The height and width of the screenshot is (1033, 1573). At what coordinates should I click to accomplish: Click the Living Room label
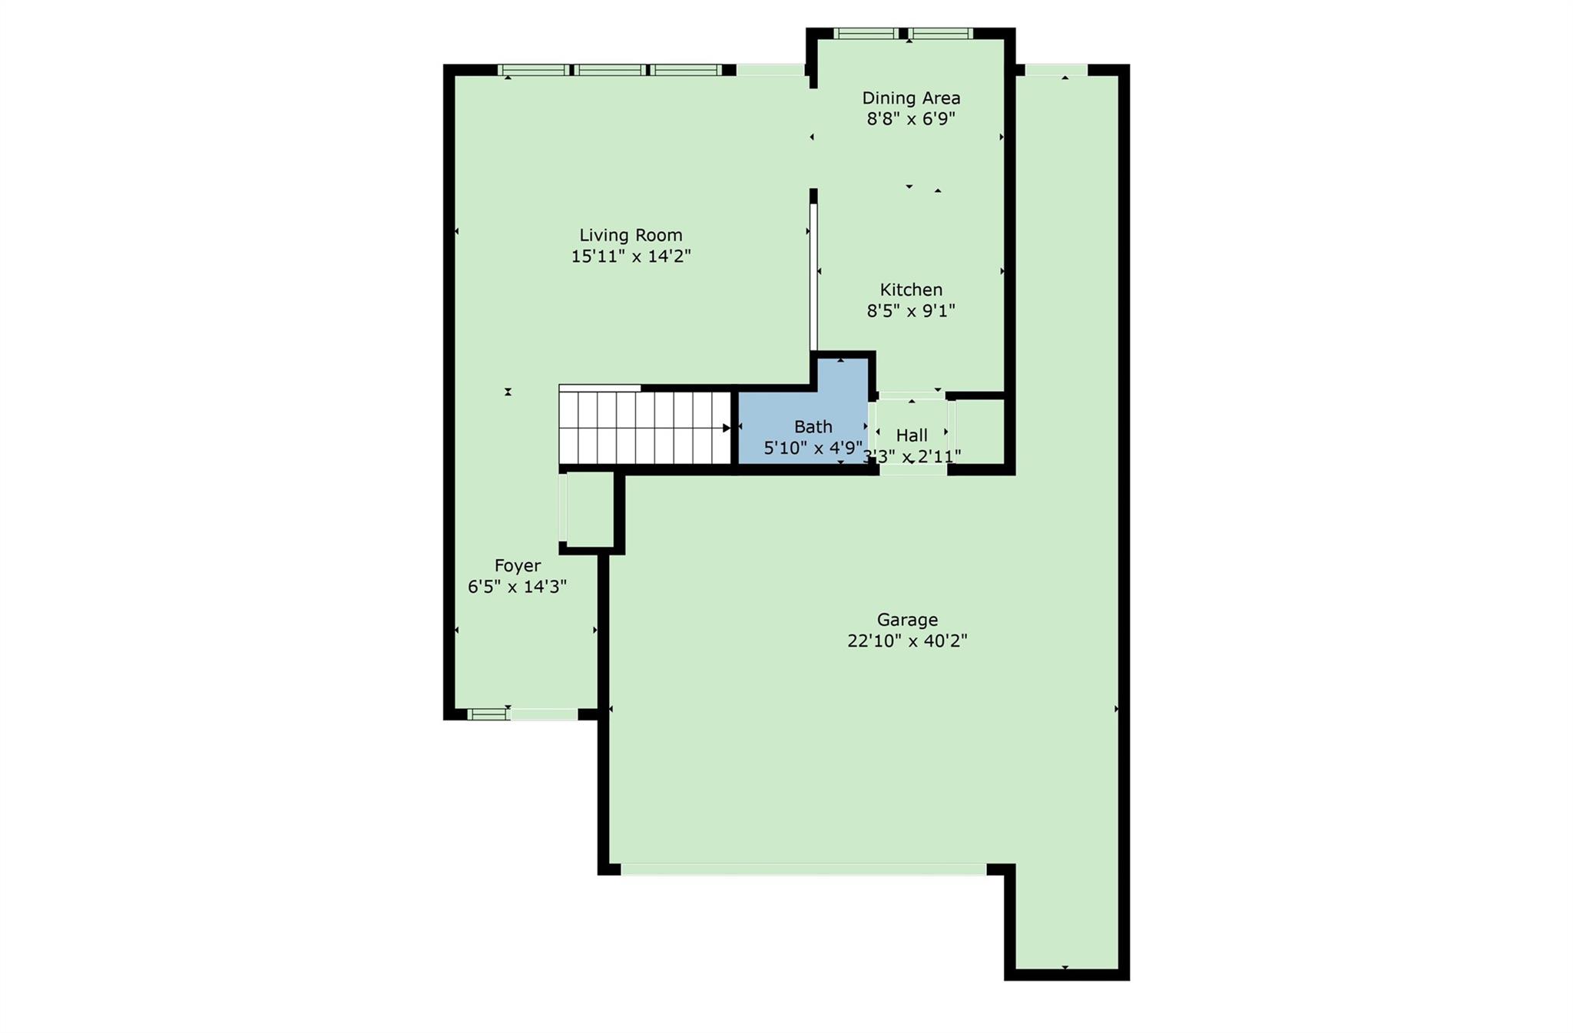[x=631, y=235]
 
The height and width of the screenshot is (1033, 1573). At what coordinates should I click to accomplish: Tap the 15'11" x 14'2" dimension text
[x=631, y=256]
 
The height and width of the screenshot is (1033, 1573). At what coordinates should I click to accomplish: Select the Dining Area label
[x=911, y=98]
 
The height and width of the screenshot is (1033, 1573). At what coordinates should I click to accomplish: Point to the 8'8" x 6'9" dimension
[x=911, y=119]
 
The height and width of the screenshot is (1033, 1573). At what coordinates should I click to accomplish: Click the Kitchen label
[x=911, y=290]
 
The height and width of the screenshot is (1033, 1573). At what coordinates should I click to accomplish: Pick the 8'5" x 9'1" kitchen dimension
[x=911, y=310]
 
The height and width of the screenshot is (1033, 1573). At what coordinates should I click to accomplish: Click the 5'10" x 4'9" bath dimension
[x=813, y=447]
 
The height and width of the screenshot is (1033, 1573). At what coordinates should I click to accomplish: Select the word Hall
[x=912, y=435]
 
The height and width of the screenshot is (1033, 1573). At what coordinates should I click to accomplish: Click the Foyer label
[x=518, y=566]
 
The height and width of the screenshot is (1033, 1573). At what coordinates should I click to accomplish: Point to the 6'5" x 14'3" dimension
[x=518, y=587]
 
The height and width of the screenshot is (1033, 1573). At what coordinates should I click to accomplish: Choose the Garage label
[x=907, y=620]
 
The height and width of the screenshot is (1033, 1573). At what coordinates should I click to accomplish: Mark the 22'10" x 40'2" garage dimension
[x=907, y=641]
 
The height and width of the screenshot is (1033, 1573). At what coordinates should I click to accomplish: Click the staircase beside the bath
[x=644, y=427]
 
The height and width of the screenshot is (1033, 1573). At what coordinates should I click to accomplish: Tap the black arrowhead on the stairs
[x=727, y=428]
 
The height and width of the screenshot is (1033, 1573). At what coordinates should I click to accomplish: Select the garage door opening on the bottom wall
[x=803, y=869]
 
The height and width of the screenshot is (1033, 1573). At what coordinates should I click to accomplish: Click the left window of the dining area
[x=866, y=33]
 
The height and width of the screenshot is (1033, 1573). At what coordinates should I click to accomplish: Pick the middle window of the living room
[x=611, y=70]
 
